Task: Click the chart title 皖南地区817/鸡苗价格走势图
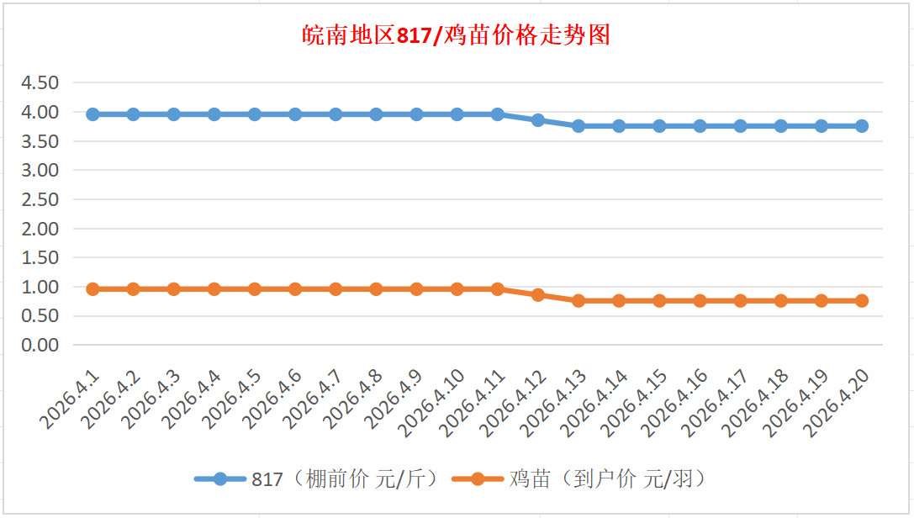pos(457,35)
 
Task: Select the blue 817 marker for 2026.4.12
pos(538,120)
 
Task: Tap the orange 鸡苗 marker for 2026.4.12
pos(538,295)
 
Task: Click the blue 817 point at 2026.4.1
pos(92,114)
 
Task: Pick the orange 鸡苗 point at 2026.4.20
pos(862,300)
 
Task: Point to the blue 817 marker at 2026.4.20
pos(862,126)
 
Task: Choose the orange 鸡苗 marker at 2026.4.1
pos(92,289)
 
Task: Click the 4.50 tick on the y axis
pos(40,82)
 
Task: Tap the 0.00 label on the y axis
pos(40,345)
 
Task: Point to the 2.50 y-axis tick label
pos(40,199)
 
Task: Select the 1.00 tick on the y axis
pos(40,287)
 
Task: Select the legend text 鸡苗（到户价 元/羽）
pos(606,479)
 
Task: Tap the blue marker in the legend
pos(220,479)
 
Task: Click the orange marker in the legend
pos(478,479)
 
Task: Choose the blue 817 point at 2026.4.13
pos(579,126)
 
